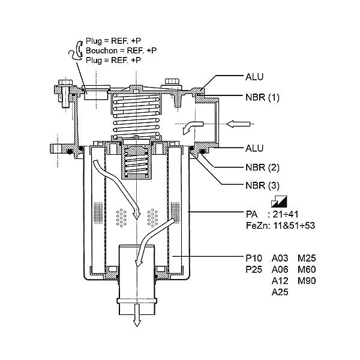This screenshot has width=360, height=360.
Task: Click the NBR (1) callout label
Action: [262, 97]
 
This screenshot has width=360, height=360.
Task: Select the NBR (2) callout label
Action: [262, 167]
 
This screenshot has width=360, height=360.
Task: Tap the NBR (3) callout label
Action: [262, 185]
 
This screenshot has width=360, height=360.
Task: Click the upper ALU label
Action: [254, 77]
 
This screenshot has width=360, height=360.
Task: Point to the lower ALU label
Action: [254, 148]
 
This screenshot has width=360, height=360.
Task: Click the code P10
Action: [254, 258]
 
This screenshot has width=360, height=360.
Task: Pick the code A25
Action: [280, 292]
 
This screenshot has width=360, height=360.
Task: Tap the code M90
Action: [307, 281]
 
